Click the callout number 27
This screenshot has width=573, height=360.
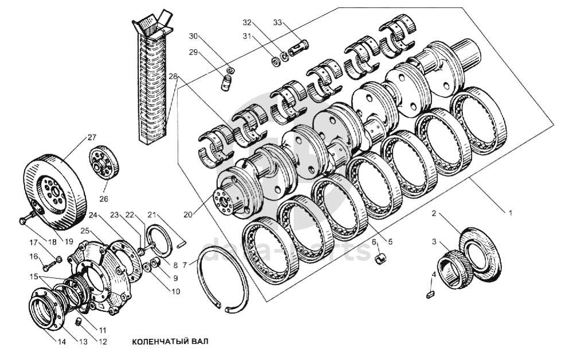[92, 137]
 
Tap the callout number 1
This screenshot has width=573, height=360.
[509, 213]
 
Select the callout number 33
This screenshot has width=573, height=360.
[278, 23]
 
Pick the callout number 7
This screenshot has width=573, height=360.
[184, 265]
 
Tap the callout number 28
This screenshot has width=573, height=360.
[173, 76]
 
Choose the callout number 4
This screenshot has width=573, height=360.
[434, 275]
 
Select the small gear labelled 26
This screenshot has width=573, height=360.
[105, 163]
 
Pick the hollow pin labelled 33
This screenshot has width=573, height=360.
[299, 48]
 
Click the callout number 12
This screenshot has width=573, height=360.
[103, 342]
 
